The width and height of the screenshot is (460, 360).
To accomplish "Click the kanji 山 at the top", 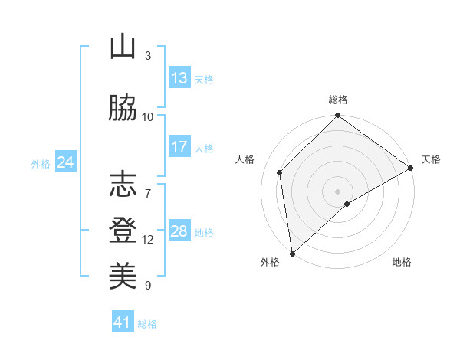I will point(123,47).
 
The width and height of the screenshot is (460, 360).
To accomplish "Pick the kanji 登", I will point(123,230).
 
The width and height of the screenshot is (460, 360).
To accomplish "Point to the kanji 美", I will point(123,275).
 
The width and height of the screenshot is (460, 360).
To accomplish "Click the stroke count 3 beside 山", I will point(148,56).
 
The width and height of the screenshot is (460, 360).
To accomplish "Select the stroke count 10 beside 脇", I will point(148,117).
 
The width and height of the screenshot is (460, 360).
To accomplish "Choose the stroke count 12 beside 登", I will point(148,240).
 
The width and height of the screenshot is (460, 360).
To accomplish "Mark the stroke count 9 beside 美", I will point(148,286).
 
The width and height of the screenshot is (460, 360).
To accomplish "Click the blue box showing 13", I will point(179,78).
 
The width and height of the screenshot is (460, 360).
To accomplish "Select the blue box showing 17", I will point(179,147).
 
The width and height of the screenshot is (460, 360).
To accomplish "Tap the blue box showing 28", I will point(179,231).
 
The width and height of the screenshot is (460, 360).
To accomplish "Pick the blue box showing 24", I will point(65,162).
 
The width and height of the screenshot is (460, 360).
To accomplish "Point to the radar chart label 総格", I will point(338,100).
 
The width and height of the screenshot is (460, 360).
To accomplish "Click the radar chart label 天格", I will point(431,159).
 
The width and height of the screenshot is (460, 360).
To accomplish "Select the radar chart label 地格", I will point(402,263).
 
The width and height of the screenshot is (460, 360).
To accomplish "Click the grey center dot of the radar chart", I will point(337,191).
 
